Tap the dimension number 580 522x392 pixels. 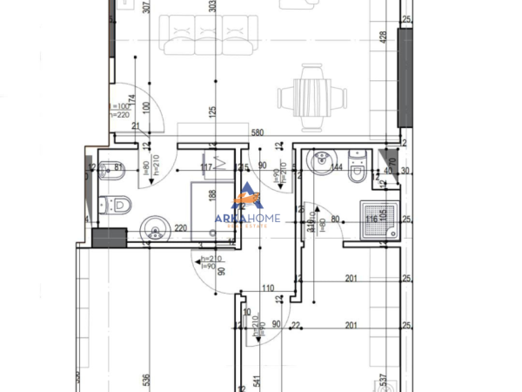pos(257,133)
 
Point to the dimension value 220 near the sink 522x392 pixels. pos(181,229)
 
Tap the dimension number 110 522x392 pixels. pos(267,288)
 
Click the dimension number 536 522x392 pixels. pos(146,380)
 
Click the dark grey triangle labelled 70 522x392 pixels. pos(386,159)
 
